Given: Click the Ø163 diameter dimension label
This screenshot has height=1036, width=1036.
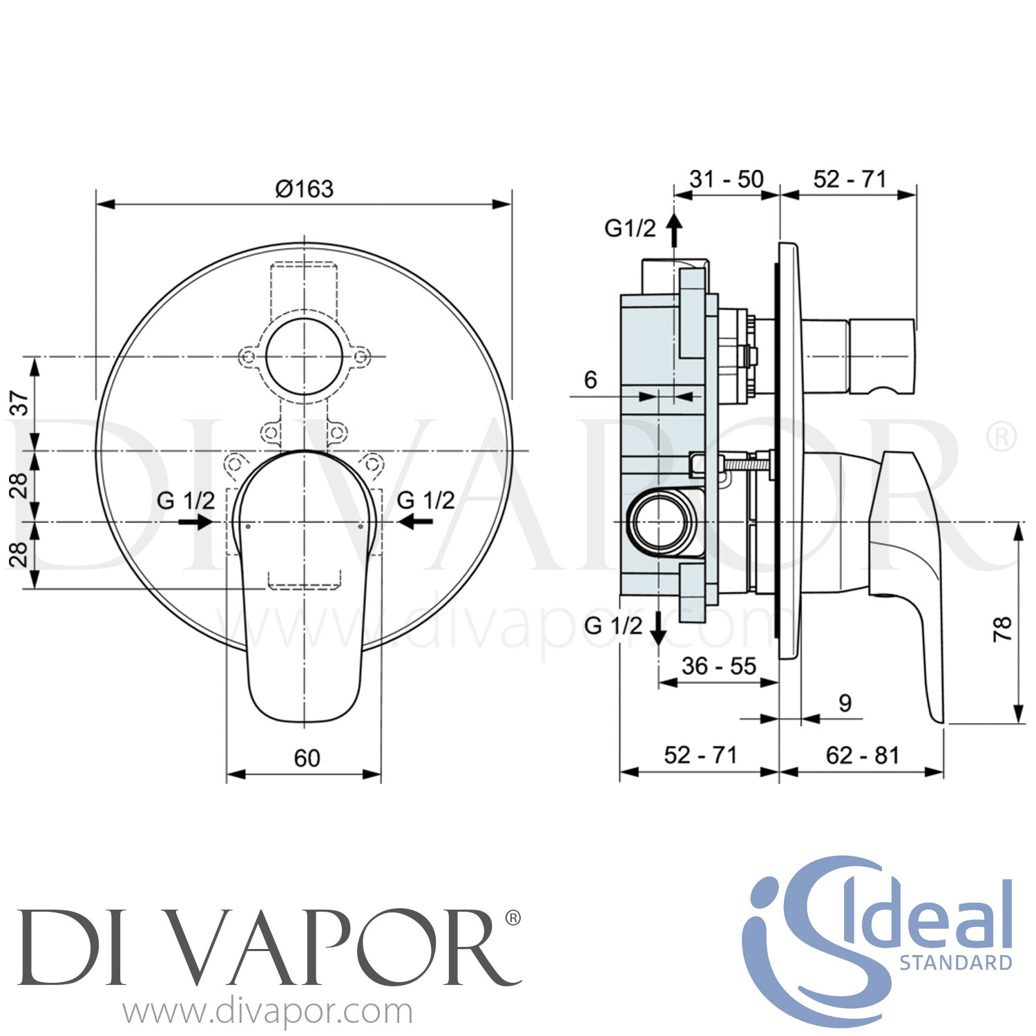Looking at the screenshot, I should click(x=304, y=188).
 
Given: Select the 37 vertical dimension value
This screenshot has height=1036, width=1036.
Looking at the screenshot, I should click(x=21, y=403).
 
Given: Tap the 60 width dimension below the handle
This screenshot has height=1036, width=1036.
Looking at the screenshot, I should click(x=307, y=758).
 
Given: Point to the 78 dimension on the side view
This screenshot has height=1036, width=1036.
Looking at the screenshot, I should click(x=1002, y=629).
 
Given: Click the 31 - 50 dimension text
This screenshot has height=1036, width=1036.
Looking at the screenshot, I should click(x=727, y=179).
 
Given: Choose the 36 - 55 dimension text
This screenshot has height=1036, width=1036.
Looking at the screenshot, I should click(x=718, y=666).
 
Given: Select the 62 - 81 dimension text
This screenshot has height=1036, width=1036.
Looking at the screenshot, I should click(x=862, y=755).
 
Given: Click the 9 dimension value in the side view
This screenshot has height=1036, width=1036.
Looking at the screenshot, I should click(x=845, y=703).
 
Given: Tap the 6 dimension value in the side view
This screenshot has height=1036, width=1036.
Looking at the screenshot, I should click(x=591, y=379).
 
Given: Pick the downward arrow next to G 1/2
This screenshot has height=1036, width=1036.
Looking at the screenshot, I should click(x=659, y=627).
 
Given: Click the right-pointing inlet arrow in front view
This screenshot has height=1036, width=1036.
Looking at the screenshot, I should click(x=195, y=522).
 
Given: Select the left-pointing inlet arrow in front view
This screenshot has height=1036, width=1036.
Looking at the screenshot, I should click(x=416, y=522).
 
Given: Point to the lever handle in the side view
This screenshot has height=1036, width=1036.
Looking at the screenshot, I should click(x=908, y=553).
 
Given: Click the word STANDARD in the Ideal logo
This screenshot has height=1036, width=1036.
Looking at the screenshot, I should click(x=955, y=962).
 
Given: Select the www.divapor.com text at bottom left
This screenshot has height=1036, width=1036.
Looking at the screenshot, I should click(x=268, y=1013).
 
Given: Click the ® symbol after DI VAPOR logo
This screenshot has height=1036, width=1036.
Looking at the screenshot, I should click(x=512, y=917).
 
